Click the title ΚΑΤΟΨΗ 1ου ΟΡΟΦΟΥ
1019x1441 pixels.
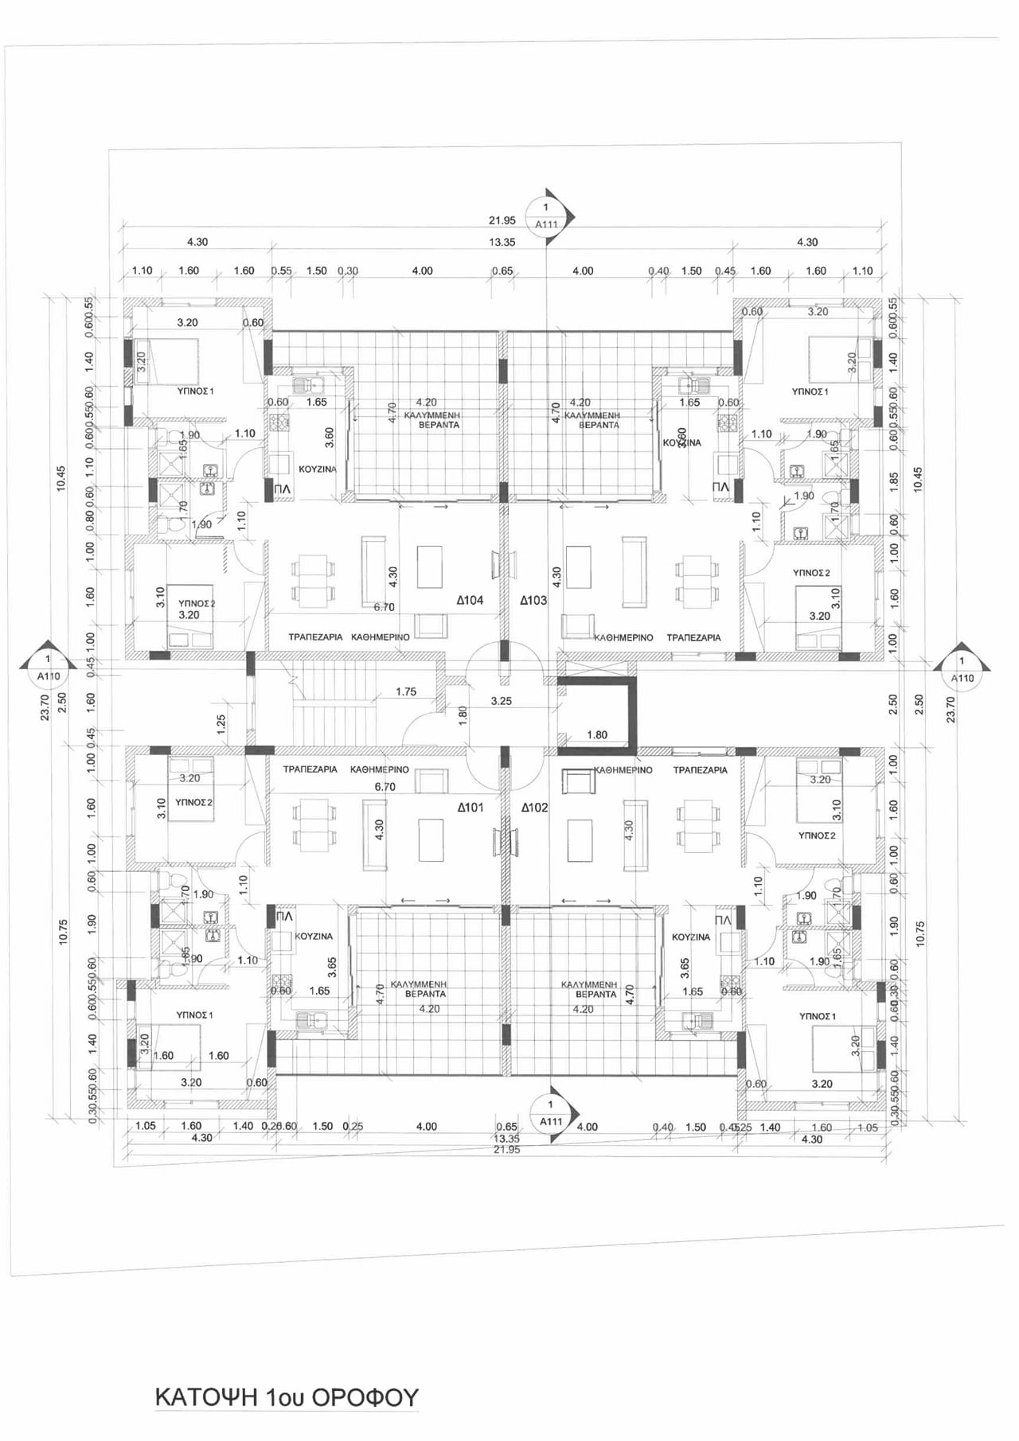[x=287, y=1397]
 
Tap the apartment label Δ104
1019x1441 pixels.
[x=470, y=600]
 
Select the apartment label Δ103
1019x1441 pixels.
[x=533, y=600]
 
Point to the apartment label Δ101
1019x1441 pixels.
[x=470, y=807]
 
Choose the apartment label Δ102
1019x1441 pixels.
[x=535, y=807]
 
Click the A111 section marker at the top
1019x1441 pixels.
[x=547, y=216]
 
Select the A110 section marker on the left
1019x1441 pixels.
[x=49, y=668]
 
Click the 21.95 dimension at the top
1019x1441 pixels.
[x=502, y=220]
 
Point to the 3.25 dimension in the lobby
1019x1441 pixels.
[x=502, y=701]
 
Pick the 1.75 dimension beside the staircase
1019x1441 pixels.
[x=406, y=691]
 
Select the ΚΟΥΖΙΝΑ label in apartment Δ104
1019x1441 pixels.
[x=317, y=469]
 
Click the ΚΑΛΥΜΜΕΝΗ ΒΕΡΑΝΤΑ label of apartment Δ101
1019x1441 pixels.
[x=425, y=989]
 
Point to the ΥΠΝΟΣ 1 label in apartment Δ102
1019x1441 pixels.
[x=818, y=1016]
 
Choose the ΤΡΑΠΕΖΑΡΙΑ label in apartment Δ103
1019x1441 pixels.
[x=693, y=637]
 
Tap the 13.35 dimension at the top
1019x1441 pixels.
[x=502, y=242]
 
